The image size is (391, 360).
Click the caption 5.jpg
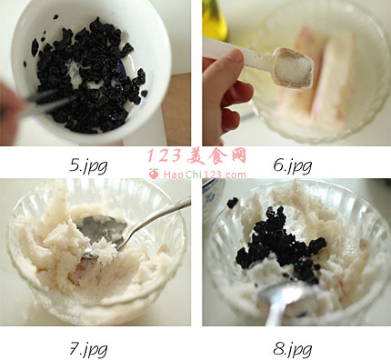pos(88,165)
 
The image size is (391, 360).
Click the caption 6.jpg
pos(293,165)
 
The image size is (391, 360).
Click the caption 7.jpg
pos(88,349)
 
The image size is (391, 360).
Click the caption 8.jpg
pos(293,349)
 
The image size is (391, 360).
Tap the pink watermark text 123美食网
pos(196,156)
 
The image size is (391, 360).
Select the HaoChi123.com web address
pos(205,175)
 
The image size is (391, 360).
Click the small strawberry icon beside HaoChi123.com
pos(154,174)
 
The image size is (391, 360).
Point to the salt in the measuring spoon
pos(294,69)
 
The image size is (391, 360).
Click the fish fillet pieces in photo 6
pos(318,79)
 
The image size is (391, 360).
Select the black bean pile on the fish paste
pos(280,245)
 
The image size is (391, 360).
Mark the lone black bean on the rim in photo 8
pos(233,203)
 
